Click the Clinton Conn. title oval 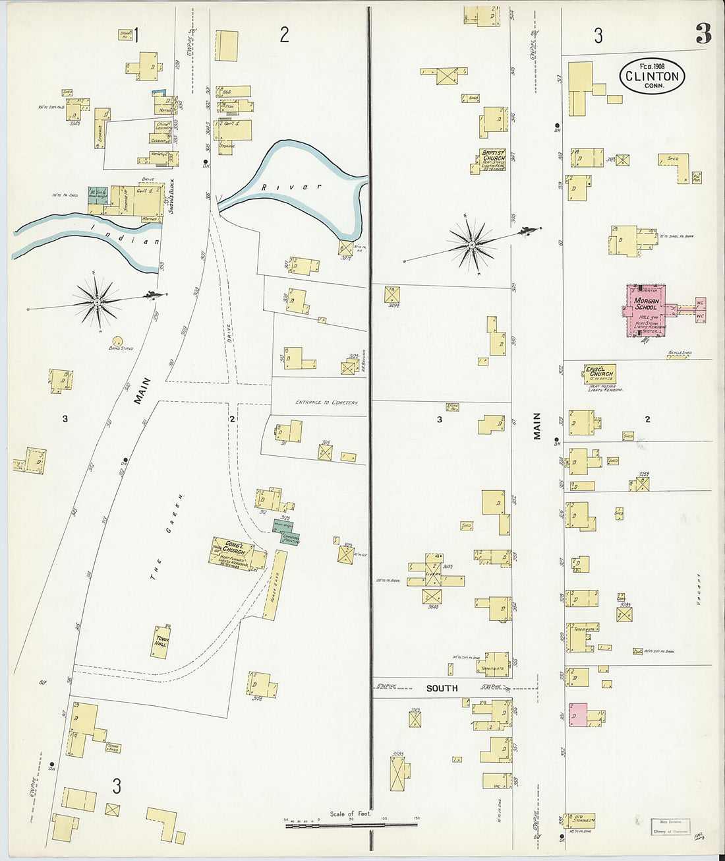coord(652,76)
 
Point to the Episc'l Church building coord(600,374)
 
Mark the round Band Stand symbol coord(117,341)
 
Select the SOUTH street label coord(442,688)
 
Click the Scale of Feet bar coord(351,824)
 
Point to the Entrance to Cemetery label coord(326,402)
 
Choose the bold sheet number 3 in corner coord(703,34)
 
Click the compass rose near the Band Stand coord(98,302)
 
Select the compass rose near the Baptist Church coord(472,245)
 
